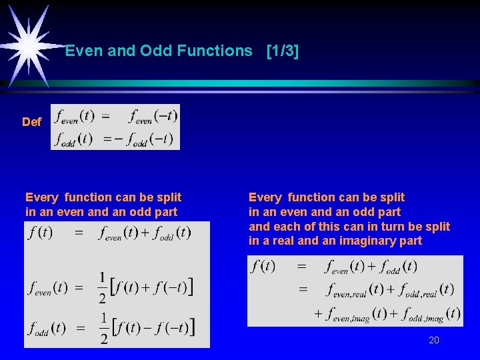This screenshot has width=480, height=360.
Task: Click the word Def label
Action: coord(31,122)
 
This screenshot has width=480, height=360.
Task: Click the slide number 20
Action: coord(434,340)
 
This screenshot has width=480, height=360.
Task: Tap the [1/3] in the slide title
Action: coord(282,51)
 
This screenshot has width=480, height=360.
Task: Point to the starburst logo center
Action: coord(28,44)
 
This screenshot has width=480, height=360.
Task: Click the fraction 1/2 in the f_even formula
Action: coord(103,287)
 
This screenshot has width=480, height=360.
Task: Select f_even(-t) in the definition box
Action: coord(153,117)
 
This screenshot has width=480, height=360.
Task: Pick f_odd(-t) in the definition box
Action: coord(151,139)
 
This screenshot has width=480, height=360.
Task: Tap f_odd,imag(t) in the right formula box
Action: coord(430,313)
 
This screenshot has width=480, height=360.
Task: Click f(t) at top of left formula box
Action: coord(40,233)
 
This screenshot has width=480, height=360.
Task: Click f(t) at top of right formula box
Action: coord(263,267)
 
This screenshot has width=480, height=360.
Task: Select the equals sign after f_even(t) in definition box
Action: coord(105,116)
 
